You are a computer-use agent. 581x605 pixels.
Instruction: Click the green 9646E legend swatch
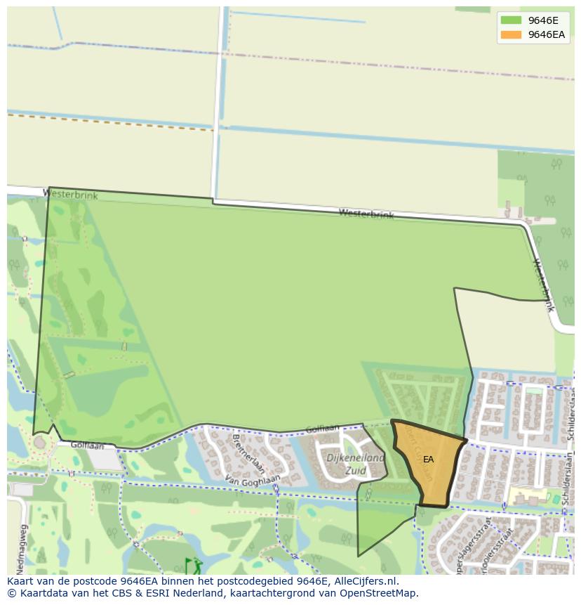511,20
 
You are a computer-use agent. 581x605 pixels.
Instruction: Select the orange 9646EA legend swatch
511,34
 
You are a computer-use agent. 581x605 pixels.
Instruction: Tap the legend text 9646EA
547,34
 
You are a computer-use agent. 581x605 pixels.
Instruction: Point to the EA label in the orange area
428,460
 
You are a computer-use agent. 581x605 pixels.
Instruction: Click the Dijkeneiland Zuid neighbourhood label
356,464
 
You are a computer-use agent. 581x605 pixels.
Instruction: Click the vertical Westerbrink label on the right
544,285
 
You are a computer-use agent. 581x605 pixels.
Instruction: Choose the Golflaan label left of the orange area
322,428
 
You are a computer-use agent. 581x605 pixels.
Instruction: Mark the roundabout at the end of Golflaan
40,443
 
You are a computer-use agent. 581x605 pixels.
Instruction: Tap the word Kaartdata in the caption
39,593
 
